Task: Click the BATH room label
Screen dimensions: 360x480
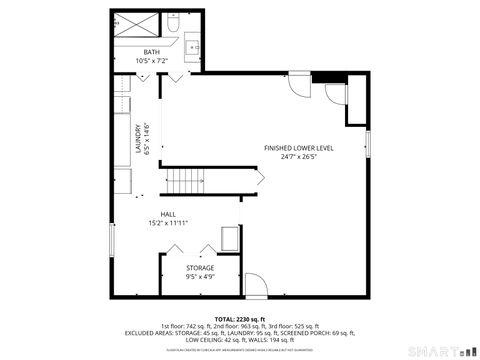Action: (151, 52)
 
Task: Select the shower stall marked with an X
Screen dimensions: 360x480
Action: (133, 23)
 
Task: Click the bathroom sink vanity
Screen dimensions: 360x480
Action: (192, 45)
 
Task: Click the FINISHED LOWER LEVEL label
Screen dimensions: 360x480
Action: (299, 147)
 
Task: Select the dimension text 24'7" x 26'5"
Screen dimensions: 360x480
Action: (299, 156)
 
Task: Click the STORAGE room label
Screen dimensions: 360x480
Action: (200, 268)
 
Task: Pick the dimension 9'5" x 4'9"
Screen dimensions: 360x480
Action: (200, 277)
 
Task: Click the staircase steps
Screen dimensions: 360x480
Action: (185, 181)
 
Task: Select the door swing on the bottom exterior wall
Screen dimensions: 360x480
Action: (255, 284)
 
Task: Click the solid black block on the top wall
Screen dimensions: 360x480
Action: (334, 79)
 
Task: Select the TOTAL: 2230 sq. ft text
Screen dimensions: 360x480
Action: (239, 317)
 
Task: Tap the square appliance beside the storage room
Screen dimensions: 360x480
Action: (230, 239)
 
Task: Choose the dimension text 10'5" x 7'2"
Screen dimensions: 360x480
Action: (151, 61)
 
